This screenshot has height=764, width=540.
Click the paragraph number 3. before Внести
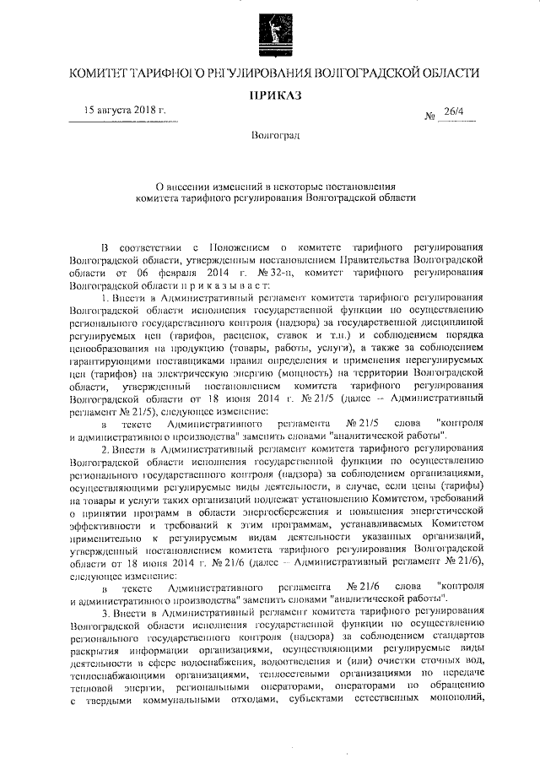click(x=105, y=609)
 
